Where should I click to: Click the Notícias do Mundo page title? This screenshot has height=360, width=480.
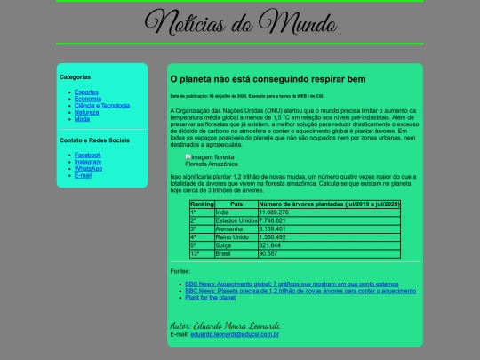point(239,22)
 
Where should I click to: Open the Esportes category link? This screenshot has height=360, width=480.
point(87,92)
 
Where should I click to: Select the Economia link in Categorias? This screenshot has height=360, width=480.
point(88,99)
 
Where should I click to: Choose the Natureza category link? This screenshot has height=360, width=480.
point(87,112)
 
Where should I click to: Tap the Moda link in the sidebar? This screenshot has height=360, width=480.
point(82,119)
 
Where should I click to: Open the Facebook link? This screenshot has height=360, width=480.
point(88,155)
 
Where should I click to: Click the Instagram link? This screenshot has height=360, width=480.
point(88,162)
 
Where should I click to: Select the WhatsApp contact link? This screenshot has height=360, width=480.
point(89,168)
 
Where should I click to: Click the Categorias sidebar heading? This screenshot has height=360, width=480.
point(76,77)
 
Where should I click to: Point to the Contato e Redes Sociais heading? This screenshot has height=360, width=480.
point(94,140)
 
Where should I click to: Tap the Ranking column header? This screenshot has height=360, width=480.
point(202,205)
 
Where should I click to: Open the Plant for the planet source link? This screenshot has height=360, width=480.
point(211,297)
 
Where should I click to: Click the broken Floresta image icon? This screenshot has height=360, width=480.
point(188,157)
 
